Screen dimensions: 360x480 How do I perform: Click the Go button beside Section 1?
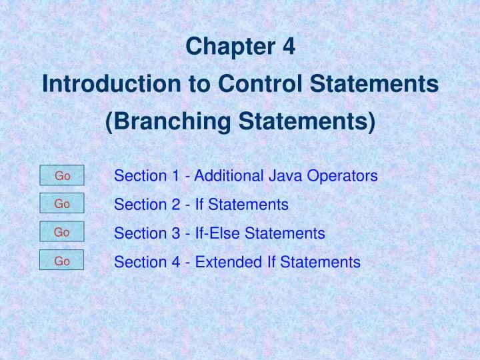[62, 176]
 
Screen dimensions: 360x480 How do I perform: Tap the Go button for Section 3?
[62, 233]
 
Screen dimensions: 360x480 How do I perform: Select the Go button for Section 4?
[62, 261]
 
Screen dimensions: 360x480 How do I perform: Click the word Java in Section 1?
[286, 177]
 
